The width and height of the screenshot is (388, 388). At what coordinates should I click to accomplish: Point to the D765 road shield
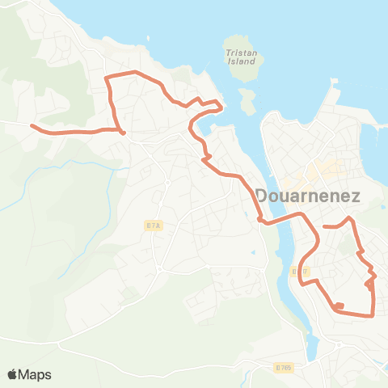pos(282,368)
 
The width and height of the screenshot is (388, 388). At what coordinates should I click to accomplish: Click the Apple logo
pos(12,374)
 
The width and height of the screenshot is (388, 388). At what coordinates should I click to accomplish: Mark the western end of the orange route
pos(32,125)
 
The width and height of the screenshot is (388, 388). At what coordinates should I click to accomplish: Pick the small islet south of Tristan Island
pos(247,99)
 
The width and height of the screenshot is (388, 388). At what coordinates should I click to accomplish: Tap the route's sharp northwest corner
pos(108,78)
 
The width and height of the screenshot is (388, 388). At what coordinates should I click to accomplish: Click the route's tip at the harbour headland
pos(220,105)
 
